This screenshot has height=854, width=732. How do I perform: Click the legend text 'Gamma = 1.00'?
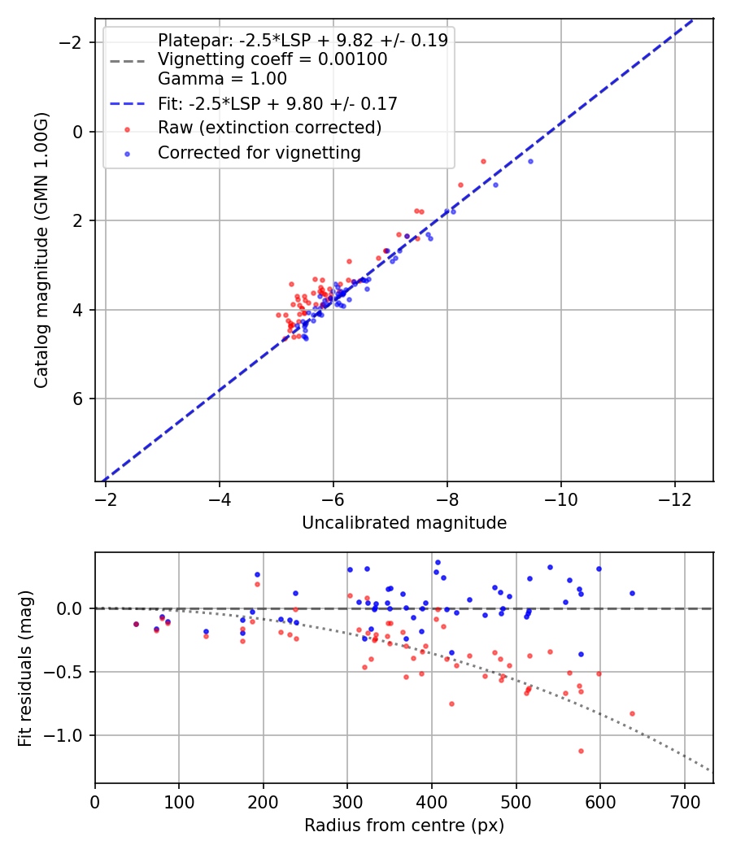coord(222,79)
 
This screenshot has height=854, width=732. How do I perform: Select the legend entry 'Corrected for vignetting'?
coord(259,152)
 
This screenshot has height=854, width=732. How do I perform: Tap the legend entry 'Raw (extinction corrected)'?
coord(269,128)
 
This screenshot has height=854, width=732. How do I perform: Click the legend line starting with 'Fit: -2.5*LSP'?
coord(277,103)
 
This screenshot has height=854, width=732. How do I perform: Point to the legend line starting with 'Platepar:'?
coord(303,41)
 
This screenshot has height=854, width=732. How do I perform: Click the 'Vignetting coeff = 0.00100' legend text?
coord(272,59)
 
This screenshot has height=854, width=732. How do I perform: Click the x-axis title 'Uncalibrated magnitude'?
coord(404,523)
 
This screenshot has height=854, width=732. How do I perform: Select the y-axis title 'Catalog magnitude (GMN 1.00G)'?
coord(41,250)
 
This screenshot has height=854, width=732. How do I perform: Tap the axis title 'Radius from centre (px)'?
coord(404,826)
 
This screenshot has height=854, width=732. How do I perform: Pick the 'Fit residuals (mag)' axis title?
coord(25,668)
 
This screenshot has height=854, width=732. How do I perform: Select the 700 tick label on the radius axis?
coord(684,800)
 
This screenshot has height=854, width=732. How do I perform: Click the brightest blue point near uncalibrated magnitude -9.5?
coord(530,161)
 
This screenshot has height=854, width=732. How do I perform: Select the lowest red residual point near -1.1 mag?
coord(581,751)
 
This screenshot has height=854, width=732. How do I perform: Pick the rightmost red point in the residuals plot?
coord(632,713)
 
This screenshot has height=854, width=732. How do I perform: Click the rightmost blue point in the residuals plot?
coord(632,593)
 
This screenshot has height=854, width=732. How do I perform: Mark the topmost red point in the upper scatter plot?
coord(483,161)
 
